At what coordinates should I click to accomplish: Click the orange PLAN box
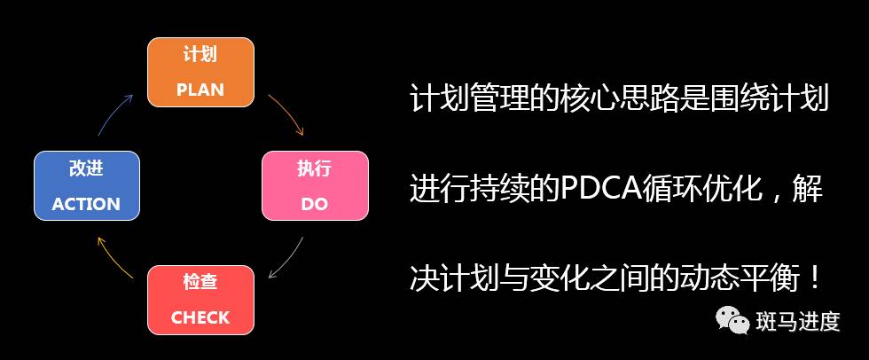point(200,72)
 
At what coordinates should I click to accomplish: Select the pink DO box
point(314,186)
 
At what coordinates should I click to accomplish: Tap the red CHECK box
point(200,300)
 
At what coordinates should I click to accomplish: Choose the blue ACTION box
point(86,186)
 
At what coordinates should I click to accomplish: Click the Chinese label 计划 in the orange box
point(200,54)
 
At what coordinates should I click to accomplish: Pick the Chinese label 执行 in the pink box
point(314,168)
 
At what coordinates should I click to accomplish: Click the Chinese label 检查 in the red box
point(200,282)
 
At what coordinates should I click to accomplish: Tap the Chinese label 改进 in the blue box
point(86,168)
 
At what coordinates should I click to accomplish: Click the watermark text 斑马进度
point(798,321)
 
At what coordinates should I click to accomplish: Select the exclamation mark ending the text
point(814,279)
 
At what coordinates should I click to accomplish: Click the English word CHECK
point(200,317)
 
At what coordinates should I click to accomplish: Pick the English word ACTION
point(86,204)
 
